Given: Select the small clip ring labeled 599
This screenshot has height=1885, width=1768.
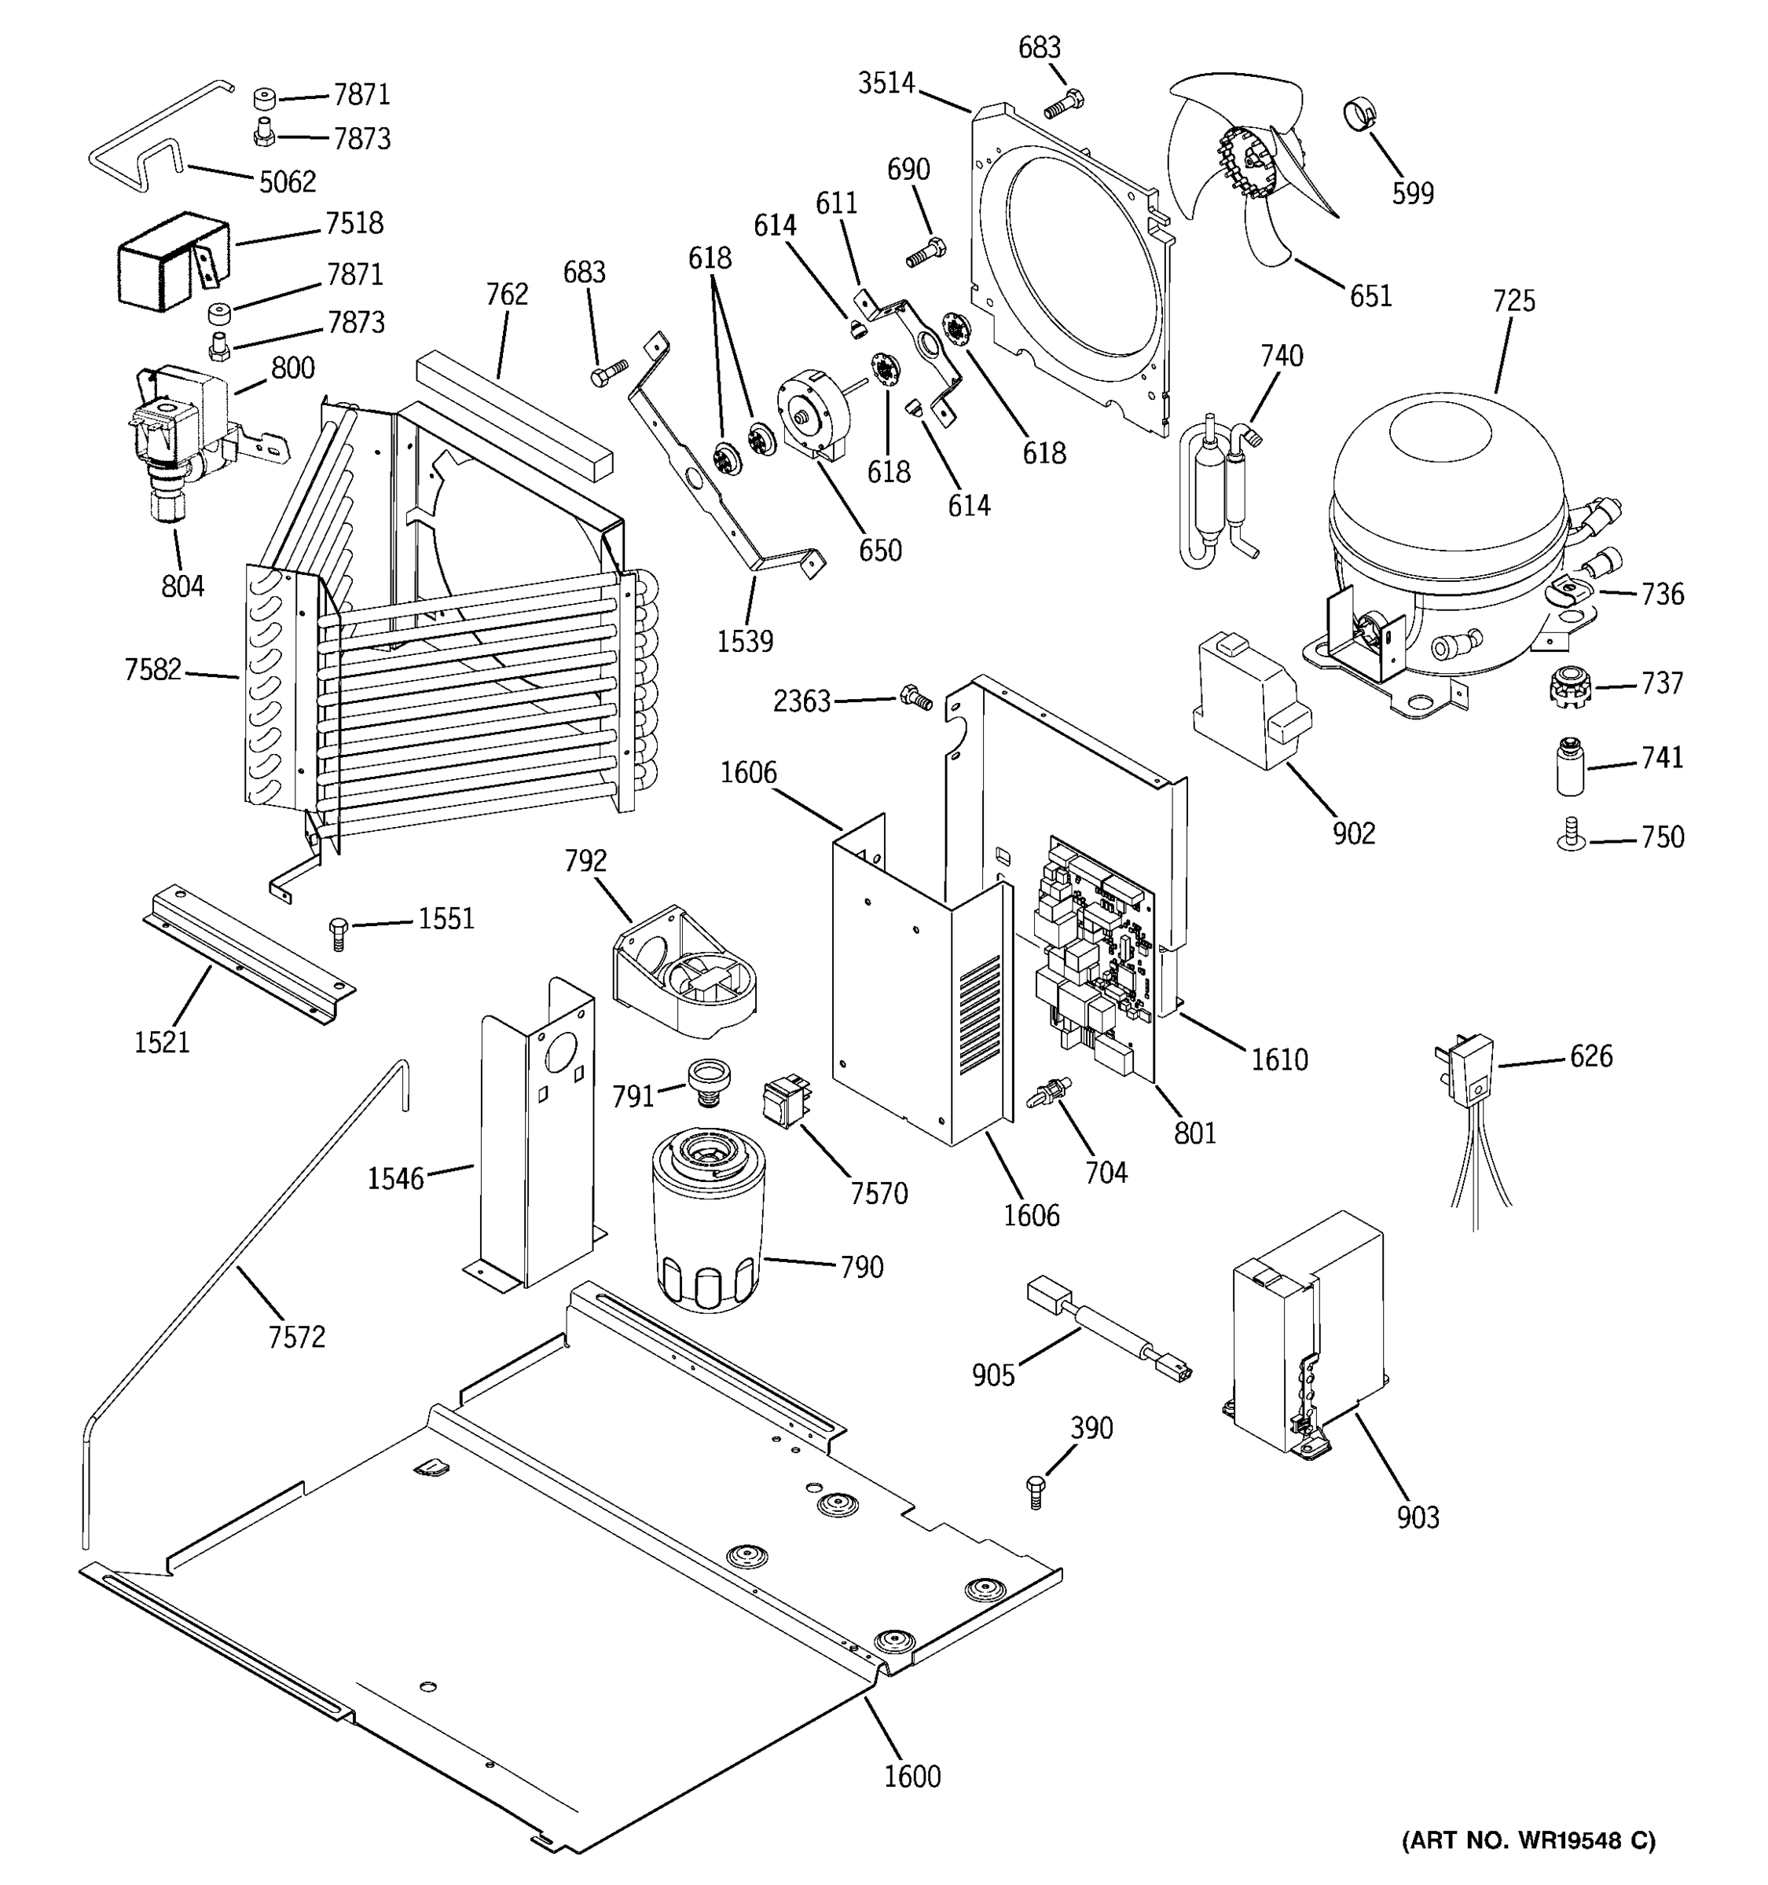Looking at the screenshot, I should coord(1359,115).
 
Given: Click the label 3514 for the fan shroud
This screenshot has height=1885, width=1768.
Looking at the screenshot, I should coord(886,83).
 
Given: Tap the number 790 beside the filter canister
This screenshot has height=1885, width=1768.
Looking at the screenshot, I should coord(861,1267).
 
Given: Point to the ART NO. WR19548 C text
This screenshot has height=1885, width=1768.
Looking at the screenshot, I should coord(1528,1839).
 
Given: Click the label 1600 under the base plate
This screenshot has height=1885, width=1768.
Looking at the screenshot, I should coord(912,1776).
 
